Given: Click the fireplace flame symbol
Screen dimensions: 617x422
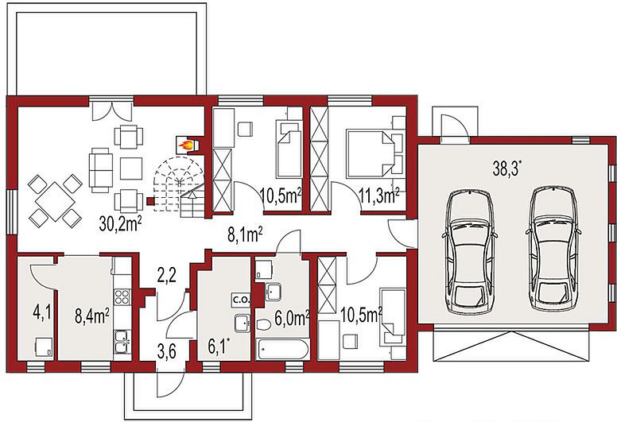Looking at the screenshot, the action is click(187, 145).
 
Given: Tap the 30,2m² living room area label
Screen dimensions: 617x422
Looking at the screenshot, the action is click(120, 224).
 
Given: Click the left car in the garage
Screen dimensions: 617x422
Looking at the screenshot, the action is click(470, 252).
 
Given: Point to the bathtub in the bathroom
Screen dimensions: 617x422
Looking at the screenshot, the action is click(283, 349).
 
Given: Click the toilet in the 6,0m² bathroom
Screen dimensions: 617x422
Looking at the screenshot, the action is click(263, 325).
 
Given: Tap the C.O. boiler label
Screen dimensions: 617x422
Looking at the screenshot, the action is click(241, 300).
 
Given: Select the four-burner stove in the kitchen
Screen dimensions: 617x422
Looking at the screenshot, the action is click(122, 297).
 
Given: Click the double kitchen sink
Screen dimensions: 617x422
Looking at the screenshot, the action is click(122, 343).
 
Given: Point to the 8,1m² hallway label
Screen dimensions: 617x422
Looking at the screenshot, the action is click(245, 234).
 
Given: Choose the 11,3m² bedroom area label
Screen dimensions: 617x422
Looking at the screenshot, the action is click(379, 196).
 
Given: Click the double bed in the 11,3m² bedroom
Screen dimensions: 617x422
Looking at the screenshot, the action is click(369, 153).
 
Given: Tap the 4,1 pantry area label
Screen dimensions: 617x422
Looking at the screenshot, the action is click(42, 313).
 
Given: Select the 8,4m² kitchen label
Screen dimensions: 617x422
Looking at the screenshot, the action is click(92, 316).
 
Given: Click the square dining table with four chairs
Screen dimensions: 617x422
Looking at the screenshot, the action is click(55, 201).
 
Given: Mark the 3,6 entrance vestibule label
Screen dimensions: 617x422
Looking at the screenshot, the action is click(166, 352).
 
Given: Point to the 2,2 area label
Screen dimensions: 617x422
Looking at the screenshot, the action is click(166, 277).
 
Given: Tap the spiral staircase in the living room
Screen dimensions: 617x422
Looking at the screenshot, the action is click(179, 187).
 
